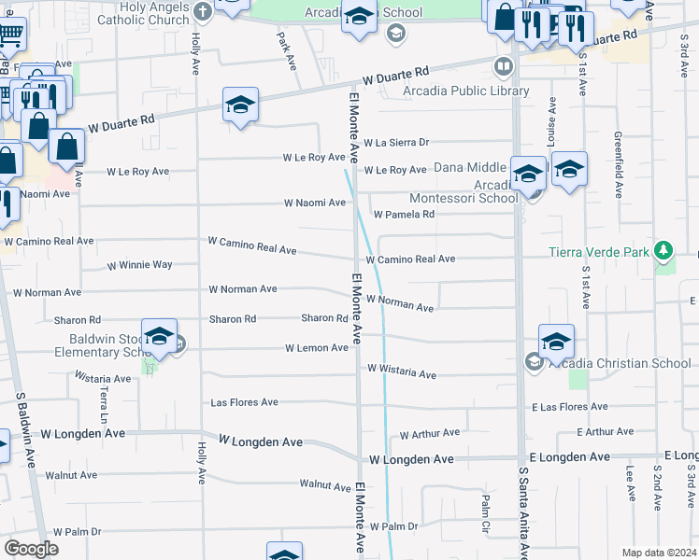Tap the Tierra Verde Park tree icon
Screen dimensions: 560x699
tap(663, 250)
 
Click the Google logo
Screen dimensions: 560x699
tap(31, 548)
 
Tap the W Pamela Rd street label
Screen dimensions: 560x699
tap(404, 215)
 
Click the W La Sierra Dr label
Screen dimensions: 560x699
tap(396, 143)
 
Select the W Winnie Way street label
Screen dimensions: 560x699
tap(141, 265)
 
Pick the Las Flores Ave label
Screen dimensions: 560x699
tap(245, 402)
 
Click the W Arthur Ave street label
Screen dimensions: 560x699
tap(430, 433)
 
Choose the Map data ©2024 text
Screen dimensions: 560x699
tap(659, 553)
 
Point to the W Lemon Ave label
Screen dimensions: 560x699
tap(317, 348)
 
